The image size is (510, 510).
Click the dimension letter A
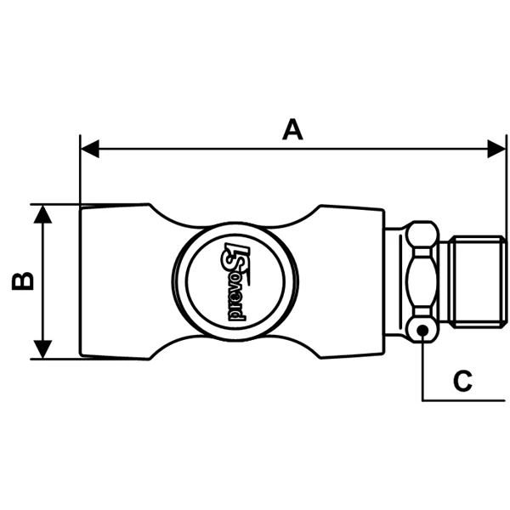[292, 130]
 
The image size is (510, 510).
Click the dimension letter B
[23, 281]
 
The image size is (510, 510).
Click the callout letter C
[462, 381]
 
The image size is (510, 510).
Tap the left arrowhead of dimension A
[90, 149]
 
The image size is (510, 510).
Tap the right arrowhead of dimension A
[496, 149]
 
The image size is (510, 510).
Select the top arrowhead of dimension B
[42, 214]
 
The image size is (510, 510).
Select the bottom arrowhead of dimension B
[42, 349]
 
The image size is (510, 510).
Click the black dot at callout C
[422, 331]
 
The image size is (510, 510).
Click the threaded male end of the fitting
[478, 281]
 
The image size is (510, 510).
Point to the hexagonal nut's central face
[422, 281]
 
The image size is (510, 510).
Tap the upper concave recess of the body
[235, 216]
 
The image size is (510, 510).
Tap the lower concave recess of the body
[235, 347]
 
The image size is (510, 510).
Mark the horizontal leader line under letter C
[463, 400]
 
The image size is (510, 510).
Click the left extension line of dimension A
[80, 170]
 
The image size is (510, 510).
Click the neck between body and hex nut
[395, 281]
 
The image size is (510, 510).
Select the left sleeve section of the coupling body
[115, 281]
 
